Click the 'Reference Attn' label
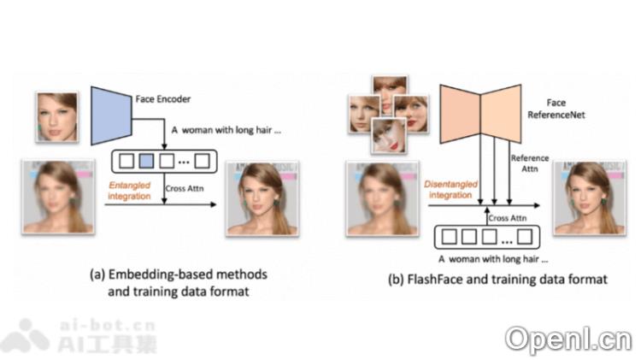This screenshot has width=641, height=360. click(x=530, y=164)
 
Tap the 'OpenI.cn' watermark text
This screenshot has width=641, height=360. click(x=567, y=339)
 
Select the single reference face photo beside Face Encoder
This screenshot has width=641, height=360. click(x=57, y=117)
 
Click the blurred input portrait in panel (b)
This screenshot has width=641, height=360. click(x=379, y=198)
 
